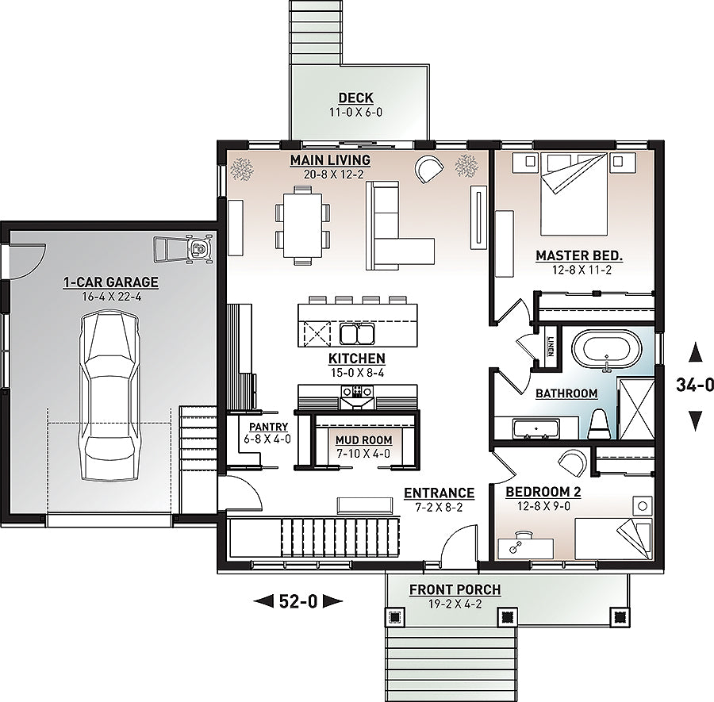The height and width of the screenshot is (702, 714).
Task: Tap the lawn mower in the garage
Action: [183, 248]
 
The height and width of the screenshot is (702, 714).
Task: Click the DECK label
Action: [356, 98]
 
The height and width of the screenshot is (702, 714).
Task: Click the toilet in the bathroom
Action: [598, 424]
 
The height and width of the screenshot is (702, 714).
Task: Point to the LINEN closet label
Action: [551, 346]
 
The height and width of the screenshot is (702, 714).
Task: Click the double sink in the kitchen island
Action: [357, 334]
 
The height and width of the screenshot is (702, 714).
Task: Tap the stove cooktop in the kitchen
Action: [357, 391]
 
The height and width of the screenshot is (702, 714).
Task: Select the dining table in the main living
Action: [302, 225]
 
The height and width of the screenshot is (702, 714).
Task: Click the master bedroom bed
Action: [574, 194]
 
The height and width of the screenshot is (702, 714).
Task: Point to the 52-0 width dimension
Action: [297, 602]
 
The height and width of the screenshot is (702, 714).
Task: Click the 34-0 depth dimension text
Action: [695, 386]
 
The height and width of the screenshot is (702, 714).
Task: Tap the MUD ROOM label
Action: [363, 440]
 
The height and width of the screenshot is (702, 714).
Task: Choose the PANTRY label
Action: [268, 427]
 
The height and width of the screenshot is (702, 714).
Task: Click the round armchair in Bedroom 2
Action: [572, 462]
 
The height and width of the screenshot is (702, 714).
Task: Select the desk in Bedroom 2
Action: [526, 547]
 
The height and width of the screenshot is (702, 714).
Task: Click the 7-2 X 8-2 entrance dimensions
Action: [439, 507]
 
